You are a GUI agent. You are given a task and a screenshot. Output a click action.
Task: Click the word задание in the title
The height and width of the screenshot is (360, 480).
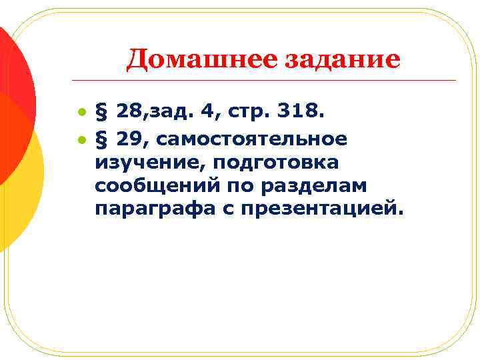click(343, 60)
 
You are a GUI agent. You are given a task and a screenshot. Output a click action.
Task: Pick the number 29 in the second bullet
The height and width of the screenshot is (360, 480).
click(127, 139)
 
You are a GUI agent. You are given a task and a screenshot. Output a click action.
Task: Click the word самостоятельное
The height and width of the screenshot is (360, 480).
click(252, 139)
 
